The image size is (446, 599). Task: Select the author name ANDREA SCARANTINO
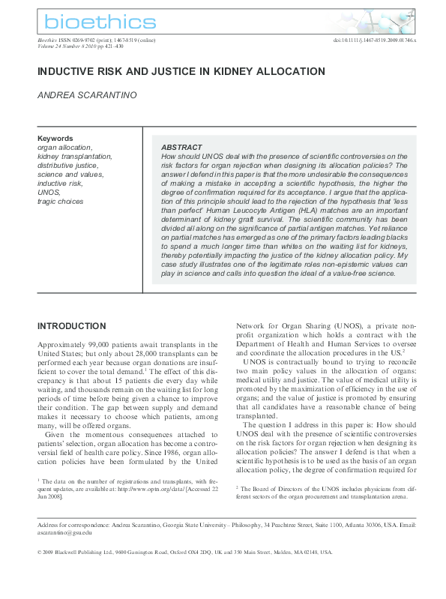coord(85,96)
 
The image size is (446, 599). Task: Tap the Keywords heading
coord(55,139)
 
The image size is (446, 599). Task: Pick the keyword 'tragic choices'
coord(61,201)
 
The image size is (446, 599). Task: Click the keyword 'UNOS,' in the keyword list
coord(49,192)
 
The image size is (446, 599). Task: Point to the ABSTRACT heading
coord(182,148)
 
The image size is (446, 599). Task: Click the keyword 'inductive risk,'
coord(60,183)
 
